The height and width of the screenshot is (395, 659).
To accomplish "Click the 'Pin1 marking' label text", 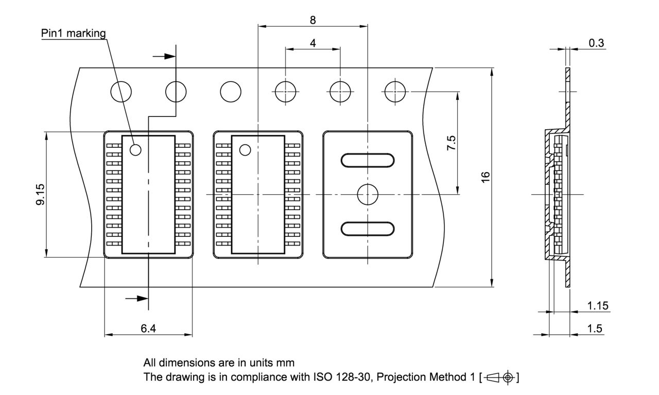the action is coord(73,33).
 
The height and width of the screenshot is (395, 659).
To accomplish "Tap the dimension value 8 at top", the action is coord(313,20).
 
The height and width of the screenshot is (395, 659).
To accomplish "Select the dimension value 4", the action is coord(313,44).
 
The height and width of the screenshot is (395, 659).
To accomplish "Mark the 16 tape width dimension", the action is coord(485,177).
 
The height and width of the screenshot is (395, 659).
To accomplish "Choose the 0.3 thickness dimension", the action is coord(596,43).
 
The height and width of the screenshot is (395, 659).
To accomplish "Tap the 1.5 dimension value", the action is coord(595,329).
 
